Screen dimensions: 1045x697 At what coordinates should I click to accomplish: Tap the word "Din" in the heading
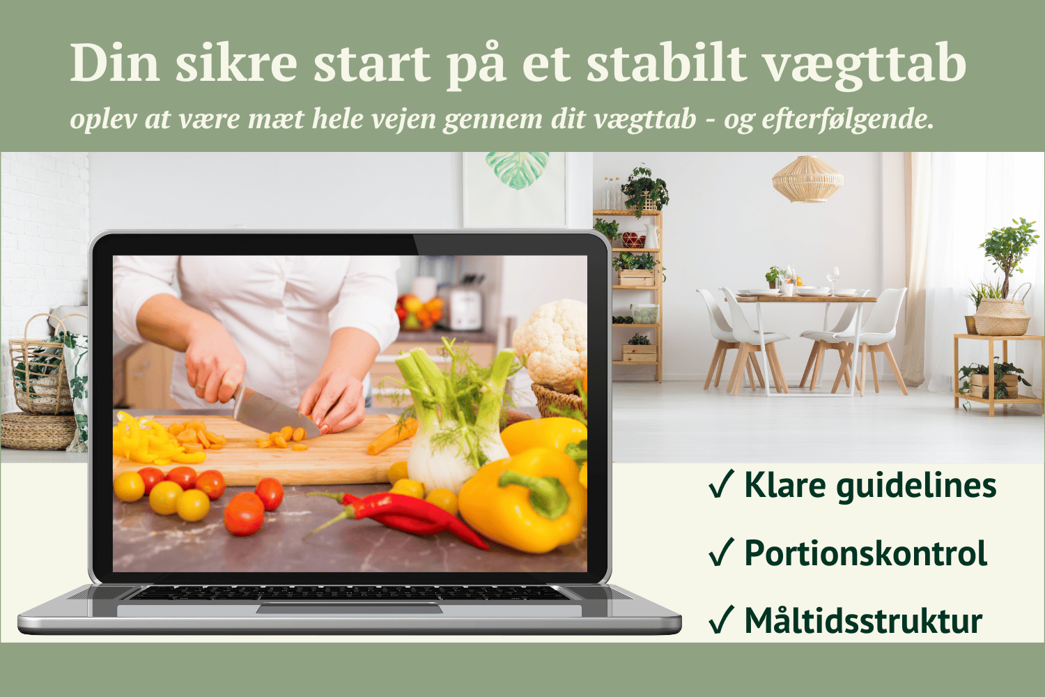tap(115, 63)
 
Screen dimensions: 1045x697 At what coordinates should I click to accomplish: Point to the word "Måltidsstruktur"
tap(864, 621)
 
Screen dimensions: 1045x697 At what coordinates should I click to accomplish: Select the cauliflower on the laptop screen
tap(550, 344)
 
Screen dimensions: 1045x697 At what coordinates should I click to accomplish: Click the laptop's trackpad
tap(350, 608)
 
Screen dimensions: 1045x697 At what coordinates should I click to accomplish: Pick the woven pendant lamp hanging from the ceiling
tap(807, 179)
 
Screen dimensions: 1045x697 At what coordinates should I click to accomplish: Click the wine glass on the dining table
tap(833, 278)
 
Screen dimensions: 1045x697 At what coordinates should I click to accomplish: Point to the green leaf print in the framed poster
tap(517, 169)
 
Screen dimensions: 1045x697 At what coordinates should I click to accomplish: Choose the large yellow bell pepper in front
tap(522, 500)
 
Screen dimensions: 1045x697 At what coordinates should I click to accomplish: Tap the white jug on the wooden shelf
tap(651, 236)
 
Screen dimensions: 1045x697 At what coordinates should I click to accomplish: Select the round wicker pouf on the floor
tap(38, 431)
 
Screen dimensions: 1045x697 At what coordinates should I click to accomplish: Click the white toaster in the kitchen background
tap(465, 309)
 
